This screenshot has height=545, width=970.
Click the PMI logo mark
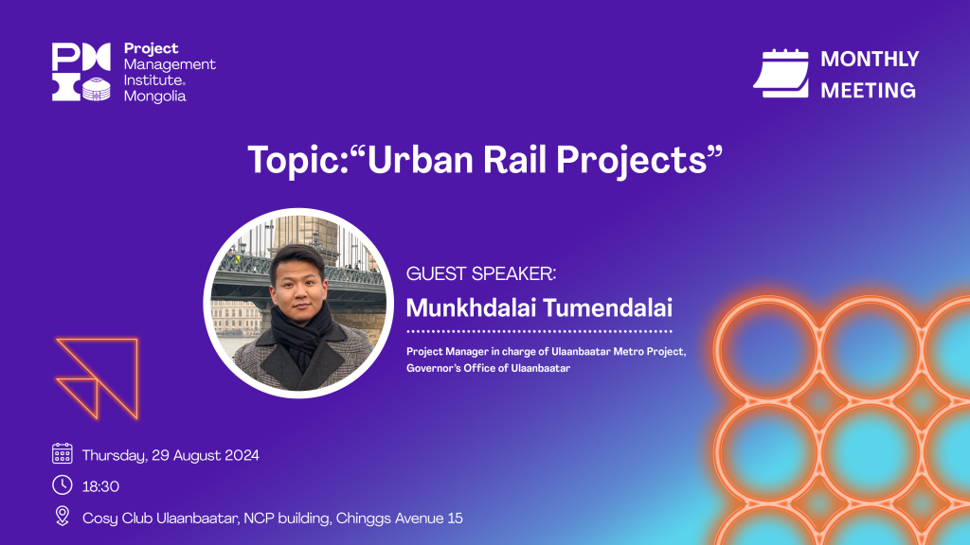click(x=81, y=72)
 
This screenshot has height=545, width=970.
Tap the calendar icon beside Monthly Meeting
click(x=781, y=74)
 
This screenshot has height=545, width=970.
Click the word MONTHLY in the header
click(x=870, y=60)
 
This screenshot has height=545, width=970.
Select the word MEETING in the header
click(x=868, y=91)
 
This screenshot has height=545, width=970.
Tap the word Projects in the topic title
click(x=631, y=161)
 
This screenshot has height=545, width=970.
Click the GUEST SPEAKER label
click(x=480, y=273)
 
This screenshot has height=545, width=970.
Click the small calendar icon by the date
click(x=62, y=453)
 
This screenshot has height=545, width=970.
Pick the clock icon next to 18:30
click(x=62, y=485)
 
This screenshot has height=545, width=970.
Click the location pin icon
click(x=62, y=516)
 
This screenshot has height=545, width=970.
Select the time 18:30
click(x=100, y=487)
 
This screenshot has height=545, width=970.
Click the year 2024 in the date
click(x=242, y=455)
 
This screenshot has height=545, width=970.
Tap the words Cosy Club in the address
click(x=117, y=519)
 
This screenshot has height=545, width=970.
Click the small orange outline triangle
click(x=79, y=396)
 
